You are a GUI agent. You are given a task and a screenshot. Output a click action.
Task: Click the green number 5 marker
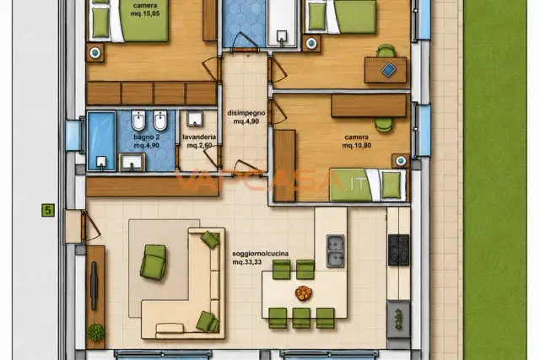point(48,210)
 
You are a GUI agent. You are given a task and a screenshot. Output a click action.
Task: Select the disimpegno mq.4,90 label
point(246,117)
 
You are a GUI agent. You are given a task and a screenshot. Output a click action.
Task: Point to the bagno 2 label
point(146,141)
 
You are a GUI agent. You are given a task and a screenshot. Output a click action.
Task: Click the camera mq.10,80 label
point(356,141)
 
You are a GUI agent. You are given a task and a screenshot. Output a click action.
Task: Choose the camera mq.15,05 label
point(145,9)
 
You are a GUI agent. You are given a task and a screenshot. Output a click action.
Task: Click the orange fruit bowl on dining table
point(304,293)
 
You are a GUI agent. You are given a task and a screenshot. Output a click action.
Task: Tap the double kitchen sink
point(335,251)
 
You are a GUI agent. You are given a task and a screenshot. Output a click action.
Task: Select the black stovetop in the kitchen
point(399,250)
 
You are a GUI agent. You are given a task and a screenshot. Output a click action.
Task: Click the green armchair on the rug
point(154,262)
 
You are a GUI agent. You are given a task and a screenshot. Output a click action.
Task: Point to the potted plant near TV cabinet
point(96,332)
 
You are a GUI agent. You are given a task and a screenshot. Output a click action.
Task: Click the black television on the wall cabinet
point(94,286)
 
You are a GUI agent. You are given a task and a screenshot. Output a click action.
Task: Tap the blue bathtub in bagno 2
point(101,141)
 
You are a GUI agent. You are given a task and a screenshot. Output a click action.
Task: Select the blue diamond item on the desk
point(388,70)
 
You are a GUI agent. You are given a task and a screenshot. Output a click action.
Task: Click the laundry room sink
point(195,119)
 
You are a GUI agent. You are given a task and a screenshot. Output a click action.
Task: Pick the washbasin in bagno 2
point(132,163)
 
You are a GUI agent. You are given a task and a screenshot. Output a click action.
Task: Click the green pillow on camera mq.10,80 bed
point(391,185)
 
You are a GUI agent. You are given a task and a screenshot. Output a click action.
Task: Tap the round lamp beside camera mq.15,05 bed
point(95,52)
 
